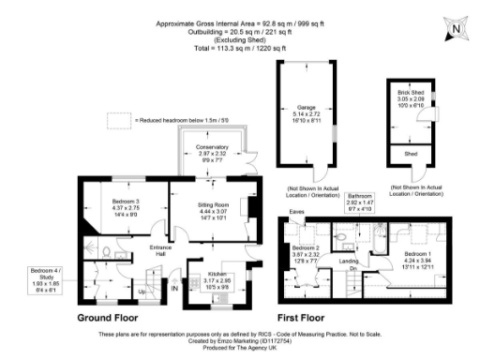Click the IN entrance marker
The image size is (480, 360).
[x=174, y=289]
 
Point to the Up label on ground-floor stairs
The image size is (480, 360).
[x=142, y=291]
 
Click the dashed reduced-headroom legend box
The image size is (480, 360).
[x=118, y=120]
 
